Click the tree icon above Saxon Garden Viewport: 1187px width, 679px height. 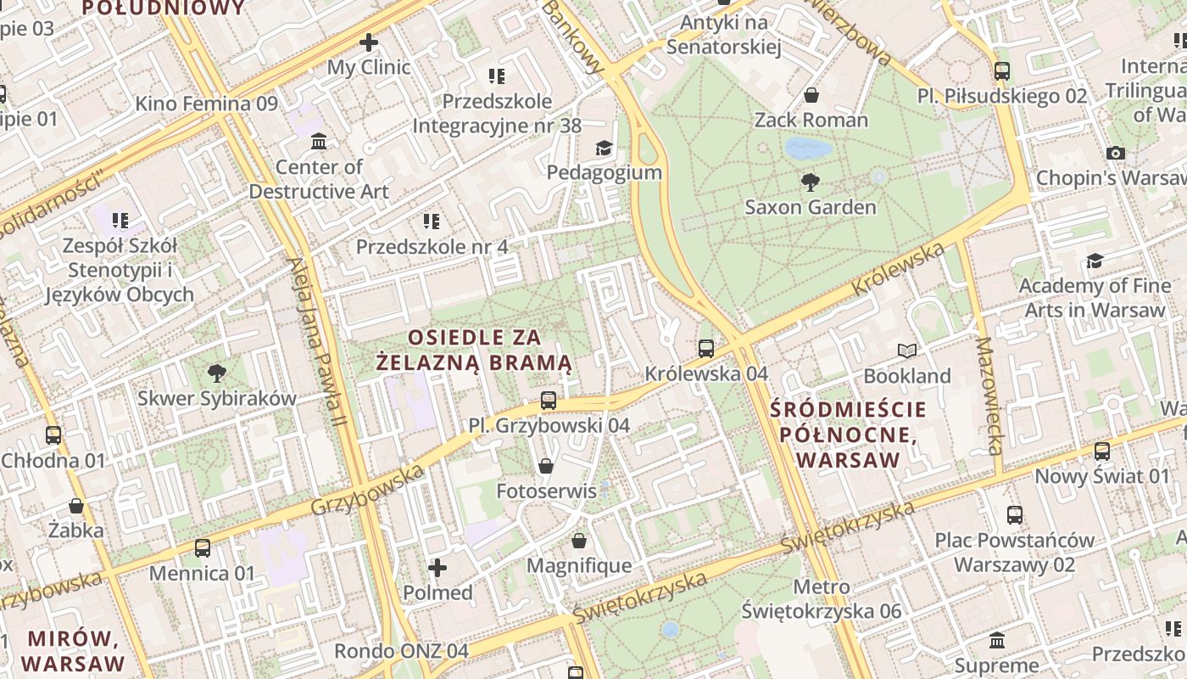point(811,181)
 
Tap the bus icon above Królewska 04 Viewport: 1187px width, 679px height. point(705,348)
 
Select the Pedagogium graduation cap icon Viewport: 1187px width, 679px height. point(604,148)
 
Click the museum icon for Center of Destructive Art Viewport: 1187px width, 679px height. point(319,141)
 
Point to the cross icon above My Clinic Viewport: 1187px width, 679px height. point(369,42)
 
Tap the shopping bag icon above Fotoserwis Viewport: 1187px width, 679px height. point(546,466)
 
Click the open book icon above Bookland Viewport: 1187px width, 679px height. point(907,351)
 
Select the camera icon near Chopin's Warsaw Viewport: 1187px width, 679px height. point(1116,153)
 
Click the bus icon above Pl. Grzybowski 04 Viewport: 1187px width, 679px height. point(549,401)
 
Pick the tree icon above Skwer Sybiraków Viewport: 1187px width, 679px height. point(217,373)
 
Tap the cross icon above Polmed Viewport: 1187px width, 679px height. point(437,567)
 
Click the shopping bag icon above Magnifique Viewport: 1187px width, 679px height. point(579,541)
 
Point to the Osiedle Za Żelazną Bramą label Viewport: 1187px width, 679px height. point(474,351)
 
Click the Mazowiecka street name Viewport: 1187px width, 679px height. point(989,396)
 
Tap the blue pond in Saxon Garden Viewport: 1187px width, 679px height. point(808,149)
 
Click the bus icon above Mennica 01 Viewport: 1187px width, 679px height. point(202,548)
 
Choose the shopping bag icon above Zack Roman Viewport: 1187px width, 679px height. point(811,94)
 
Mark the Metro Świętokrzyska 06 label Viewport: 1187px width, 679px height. point(821,598)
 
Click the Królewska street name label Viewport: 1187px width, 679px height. point(898,269)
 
